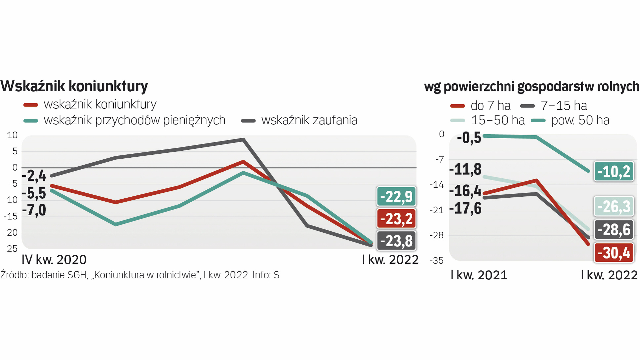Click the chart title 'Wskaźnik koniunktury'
74,86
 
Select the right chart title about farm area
532,86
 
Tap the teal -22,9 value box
396,197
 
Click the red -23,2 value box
396,219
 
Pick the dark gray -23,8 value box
396,241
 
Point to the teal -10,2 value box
614,171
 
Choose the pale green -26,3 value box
614,206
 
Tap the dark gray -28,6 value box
614,229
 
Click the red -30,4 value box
614,253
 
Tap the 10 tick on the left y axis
12,135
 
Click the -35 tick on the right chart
437,260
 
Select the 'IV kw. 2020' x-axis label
54,259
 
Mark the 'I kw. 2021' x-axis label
479,275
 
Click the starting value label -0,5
469,138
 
